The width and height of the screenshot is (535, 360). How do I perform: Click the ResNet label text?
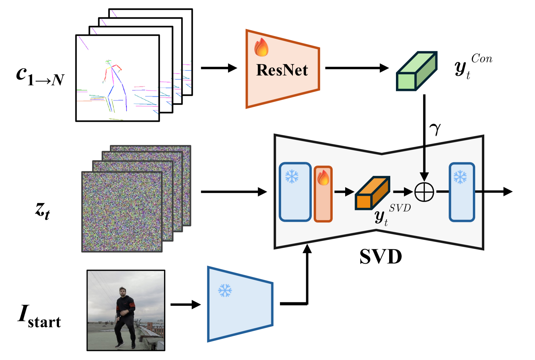pyautogui.click(x=282, y=70)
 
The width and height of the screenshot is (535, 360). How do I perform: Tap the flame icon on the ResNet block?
pyautogui.click(x=261, y=48)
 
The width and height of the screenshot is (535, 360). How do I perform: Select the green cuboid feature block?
pyautogui.click(x=416, y=71)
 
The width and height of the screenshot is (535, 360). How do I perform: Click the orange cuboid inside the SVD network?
pyautogui.click(x=372, y=193)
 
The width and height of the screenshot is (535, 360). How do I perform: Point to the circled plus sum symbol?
pyautogui.click(x=424, y=192)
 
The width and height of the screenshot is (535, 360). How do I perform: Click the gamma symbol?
pyautogui.click(x=435, y=129)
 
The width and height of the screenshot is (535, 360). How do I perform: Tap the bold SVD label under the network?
pyautogui.click(x=380, y=257)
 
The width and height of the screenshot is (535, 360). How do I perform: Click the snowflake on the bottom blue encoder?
pyautogui.click(x=225, y=291)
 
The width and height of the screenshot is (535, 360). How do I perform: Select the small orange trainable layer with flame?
pyautogui.click(x=323, y=194)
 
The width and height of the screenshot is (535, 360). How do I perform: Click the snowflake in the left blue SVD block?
pyautogui.click(x=292, y=177)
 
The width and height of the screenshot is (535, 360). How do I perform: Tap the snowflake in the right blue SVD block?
pyautogui.click(x=460, y=177)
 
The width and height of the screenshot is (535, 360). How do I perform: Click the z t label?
pyautogui.click(x=42, y=210)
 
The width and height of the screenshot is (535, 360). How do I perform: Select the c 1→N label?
pyautogui.click(x=40, y=76)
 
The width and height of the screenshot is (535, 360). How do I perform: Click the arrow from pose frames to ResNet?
pyautogui.click(x=219, y=68)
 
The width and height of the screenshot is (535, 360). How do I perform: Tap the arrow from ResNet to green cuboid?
pyautogui.click(x=357, y=68)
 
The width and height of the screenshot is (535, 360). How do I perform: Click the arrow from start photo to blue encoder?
pyautogui.click(x=185, y=304)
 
